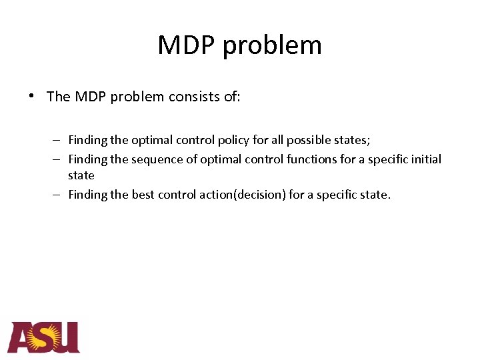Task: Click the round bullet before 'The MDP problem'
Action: coord(31,95)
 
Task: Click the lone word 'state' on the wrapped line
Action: coord(81,176)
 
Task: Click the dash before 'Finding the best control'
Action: coord(58,195)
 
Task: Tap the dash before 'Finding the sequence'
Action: coord(58,159)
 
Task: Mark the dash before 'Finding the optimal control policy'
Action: coord(58,141)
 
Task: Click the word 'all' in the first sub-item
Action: coord(278,141)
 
